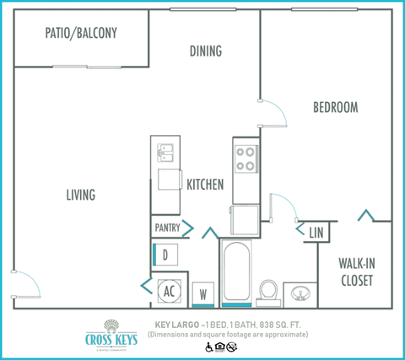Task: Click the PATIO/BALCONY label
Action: click(81, 34)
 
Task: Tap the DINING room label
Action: click(205, 51)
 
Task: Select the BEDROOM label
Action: click(335, 107)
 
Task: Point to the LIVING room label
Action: click(81, 195)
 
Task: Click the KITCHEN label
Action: click(204, 185)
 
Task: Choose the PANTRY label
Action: click(167, 228)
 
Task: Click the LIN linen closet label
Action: click(316, 232)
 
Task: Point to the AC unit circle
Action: click(168, 291)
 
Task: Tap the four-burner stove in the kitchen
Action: click(245, 159)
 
